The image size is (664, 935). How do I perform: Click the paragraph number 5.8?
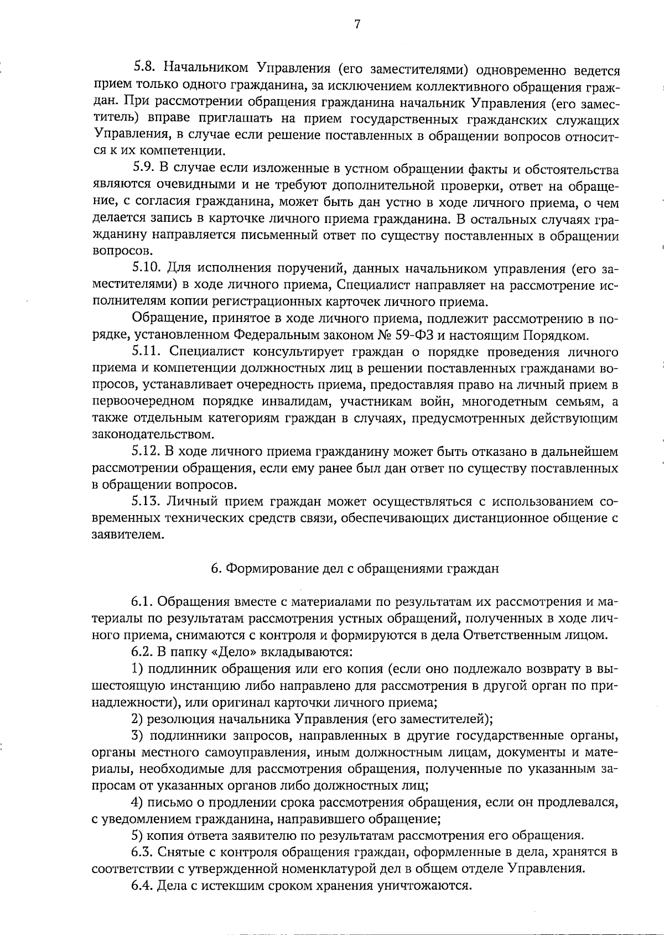(146, 70)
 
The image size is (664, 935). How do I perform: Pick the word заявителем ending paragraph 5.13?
(128, 534)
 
